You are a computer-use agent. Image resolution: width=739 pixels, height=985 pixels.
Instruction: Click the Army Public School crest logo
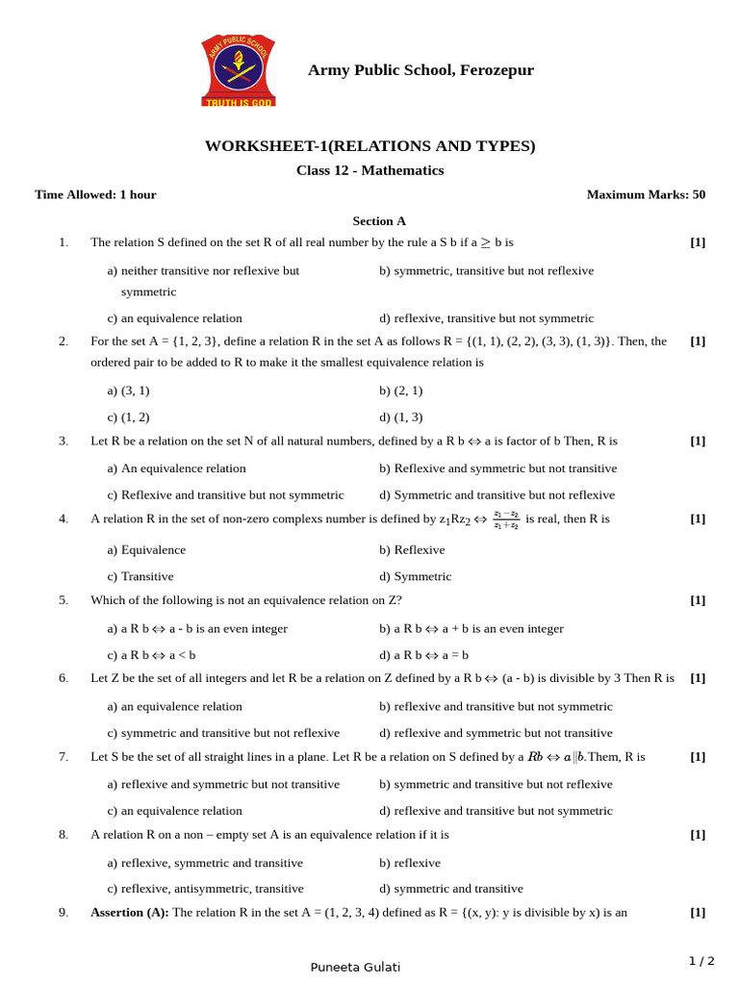pos(238,70)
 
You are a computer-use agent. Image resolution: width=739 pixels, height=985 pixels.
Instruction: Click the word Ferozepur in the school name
pos(497,70)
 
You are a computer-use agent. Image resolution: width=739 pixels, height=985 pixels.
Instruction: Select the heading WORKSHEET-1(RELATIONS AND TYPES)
pos(369,146)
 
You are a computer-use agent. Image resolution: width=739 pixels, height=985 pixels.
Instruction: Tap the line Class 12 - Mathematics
pos(369,170)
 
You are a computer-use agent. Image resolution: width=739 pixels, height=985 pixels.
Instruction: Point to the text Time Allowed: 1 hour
pos(95,194)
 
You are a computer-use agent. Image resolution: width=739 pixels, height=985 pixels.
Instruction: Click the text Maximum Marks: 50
pos(646,194)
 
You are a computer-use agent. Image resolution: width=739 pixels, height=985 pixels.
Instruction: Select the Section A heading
pos(379,220)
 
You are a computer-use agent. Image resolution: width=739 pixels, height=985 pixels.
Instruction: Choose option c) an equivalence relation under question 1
pos(175,318)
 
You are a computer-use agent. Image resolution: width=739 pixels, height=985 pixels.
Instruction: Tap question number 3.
pos(64,442)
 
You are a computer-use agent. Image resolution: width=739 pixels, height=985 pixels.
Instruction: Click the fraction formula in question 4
pos(506,519)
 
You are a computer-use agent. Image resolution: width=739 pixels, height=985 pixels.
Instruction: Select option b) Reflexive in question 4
pos(412,550)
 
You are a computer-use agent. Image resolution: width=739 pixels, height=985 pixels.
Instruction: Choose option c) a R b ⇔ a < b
pos(151,655)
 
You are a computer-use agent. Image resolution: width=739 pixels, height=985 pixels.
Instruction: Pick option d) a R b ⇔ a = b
pos(423,655)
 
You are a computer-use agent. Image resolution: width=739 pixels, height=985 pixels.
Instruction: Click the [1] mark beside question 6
pos(698,678)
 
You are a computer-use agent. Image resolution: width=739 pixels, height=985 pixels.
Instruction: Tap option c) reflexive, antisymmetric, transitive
pos(205,889)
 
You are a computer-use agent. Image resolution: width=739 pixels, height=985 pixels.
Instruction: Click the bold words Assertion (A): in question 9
pos(130,913)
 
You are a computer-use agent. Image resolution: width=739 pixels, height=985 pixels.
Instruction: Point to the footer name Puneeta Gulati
pos(355,967)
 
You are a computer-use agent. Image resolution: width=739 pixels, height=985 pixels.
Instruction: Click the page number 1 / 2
pos(701,961)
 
